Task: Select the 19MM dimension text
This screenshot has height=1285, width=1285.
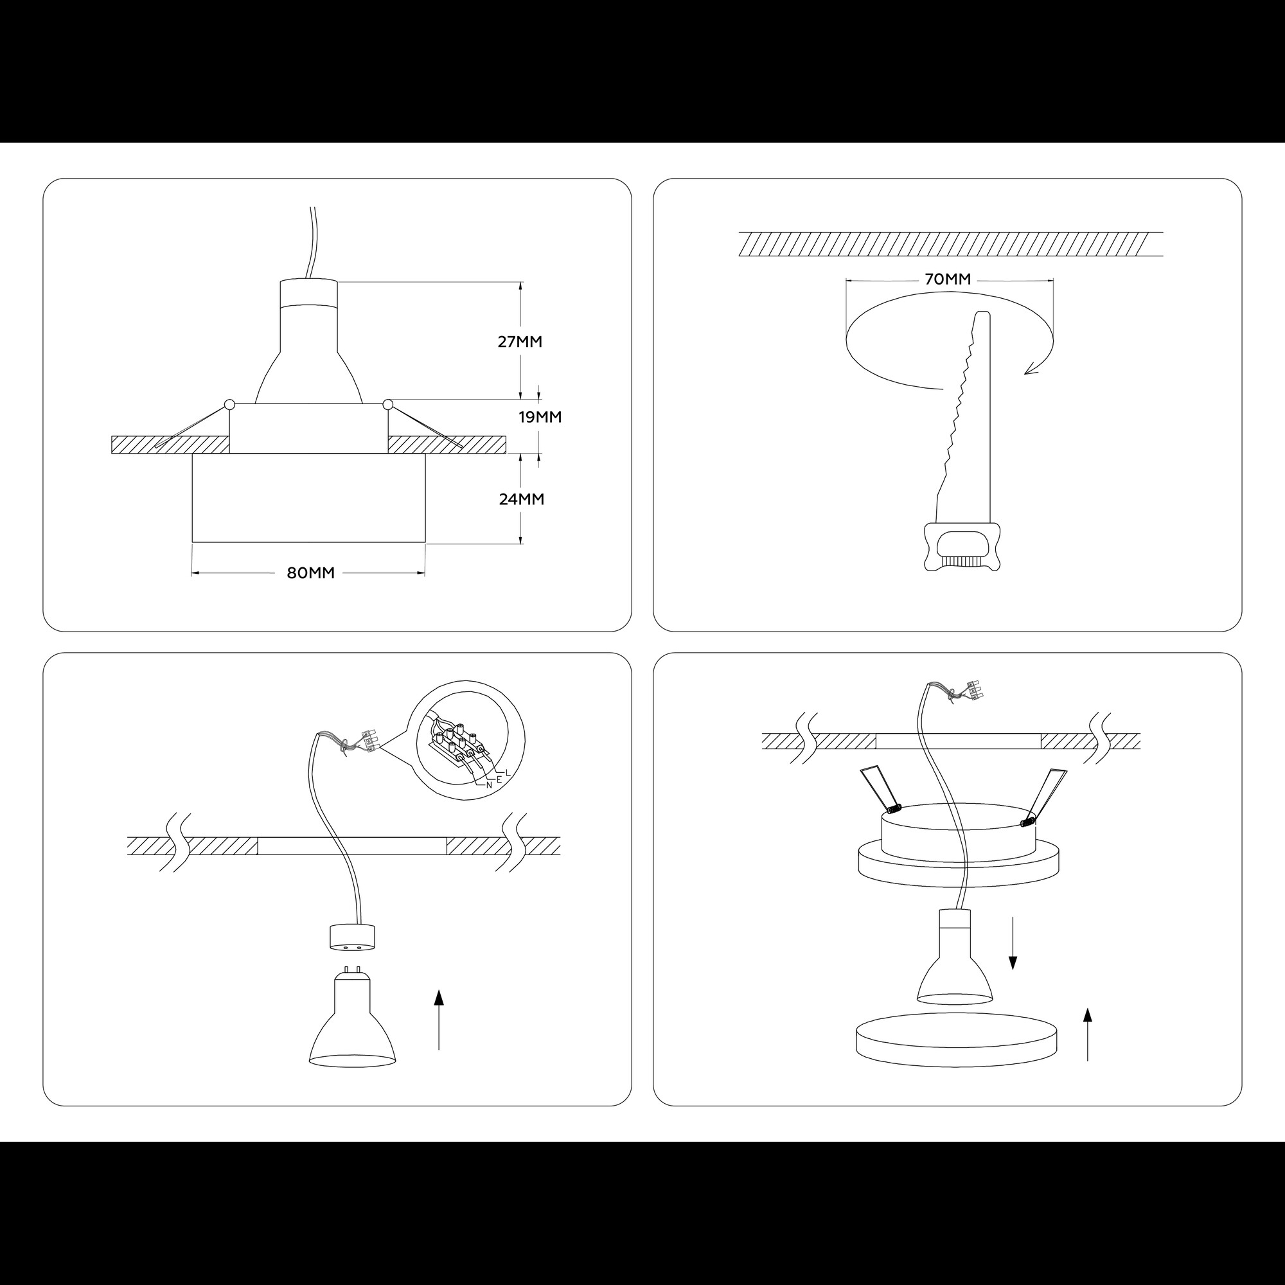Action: tap(540, 417)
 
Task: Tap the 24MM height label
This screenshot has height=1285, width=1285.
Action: tap(522, 499)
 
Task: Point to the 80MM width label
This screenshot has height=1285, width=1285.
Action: tap(310, 572)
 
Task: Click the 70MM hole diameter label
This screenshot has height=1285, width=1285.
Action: tap(948, 279)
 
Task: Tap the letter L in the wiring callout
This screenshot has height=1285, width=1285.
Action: tap(508, 772)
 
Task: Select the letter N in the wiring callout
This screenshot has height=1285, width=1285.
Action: tap(489, 785)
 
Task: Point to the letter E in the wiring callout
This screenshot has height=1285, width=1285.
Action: tap(499, 777)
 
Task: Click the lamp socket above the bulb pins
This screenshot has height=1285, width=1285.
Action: tap(353, 937)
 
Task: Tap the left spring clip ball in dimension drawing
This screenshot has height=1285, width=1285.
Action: tap(229, 403)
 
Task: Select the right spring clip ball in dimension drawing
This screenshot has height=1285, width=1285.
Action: tap(389, 403)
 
